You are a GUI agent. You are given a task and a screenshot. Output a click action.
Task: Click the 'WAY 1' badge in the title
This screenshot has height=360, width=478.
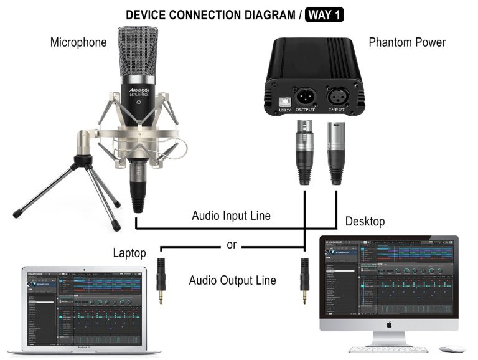pyautogui.click(x=325, y=14)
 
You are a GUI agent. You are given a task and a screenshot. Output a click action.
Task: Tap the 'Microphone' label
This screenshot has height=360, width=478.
pyautogui.click(x=78, y=43)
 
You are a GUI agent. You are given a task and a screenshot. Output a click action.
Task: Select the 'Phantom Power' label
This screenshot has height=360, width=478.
pyautogui.click(x=407, y=43)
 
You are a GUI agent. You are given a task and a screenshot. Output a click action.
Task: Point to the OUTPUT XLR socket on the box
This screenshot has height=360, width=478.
pyautogui.click(x=304, y=97)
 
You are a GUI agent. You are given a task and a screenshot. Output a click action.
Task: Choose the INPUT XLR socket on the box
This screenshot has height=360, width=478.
pyautogui.click(x=336, y=97)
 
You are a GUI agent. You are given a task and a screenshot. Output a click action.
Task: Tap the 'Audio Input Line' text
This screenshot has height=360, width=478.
pyautogui.click(x=231, y=216)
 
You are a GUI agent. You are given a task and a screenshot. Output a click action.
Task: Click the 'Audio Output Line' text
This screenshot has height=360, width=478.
pyautogui.click(x=232, y=280)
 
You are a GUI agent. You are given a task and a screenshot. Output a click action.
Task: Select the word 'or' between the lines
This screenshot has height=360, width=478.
pyautogui.click(x=232, y=245)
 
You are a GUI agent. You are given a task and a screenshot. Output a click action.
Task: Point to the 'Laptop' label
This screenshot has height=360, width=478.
pyautogui.click(x=129, y=253)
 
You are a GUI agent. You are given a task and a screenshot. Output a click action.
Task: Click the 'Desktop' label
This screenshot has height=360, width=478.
pyautogui.click(x=365, y=221)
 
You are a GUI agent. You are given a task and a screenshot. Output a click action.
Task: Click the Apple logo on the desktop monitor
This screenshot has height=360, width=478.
pyautogui.click(x=388, y=324)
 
